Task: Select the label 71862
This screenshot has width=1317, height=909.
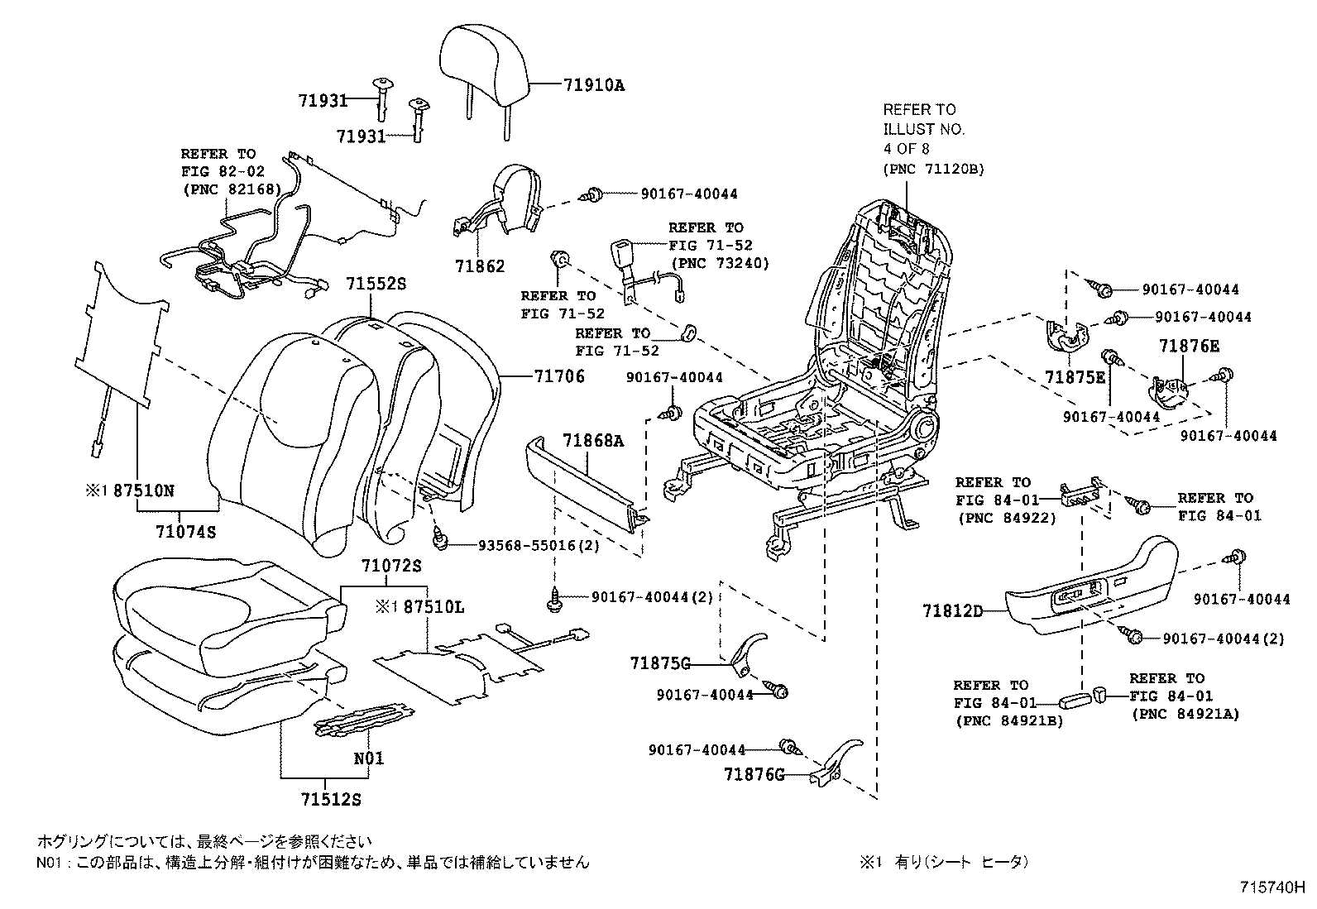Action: [x=479, y=267]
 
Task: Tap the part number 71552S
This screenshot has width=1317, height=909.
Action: [x=376, y=284]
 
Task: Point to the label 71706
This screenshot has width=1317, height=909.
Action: [x=559, y=376]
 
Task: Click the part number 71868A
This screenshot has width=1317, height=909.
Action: [x=593, y=441]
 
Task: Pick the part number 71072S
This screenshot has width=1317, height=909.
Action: [x=391, y=567]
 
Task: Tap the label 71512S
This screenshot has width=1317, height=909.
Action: [x=331, y=800]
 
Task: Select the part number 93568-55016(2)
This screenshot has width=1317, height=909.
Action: [x=539, y=546]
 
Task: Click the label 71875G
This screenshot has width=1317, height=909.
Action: [x=660, y=663]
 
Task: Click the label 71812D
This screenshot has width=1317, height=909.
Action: [x=953, y=611]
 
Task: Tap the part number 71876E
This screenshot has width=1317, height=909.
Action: [x=1189, y=347]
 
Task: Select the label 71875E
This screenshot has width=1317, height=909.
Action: [x=1075, y=376]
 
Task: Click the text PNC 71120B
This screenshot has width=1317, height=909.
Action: [x=933, y=170]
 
